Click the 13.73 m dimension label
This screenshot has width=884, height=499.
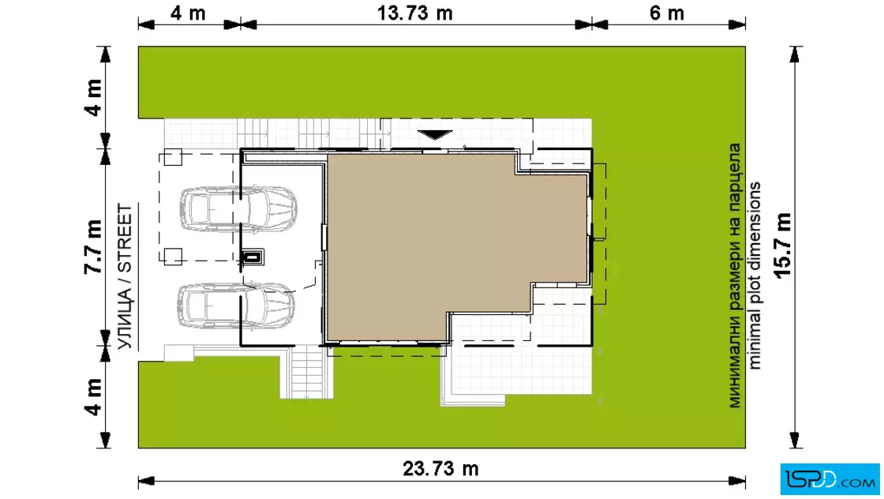pos(414,13)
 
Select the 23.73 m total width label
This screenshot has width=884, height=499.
pos(440,468)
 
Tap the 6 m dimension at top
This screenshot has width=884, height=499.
pos(667,13)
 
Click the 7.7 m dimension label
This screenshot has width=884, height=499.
pos(93,247)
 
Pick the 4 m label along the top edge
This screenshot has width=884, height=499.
pos(188,13)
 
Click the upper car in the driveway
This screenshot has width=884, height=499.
pos(238,208)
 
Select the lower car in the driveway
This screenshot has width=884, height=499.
pos(236,306)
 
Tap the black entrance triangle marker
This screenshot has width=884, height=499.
pos(435,135)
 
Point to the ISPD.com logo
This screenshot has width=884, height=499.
pos(830,479)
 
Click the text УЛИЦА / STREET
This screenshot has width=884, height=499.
pos(125,276)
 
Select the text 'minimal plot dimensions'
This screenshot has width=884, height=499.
pos(755,275)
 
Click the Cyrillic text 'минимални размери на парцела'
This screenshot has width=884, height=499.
pos(735,275)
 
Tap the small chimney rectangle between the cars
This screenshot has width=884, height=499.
pos(253,257)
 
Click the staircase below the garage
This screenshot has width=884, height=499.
pos(307,372)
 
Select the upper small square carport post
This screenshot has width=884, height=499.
pos(173,157)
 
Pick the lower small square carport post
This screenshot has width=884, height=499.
pos(173,257)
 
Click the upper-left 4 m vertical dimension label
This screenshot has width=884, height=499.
pos(93,97)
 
